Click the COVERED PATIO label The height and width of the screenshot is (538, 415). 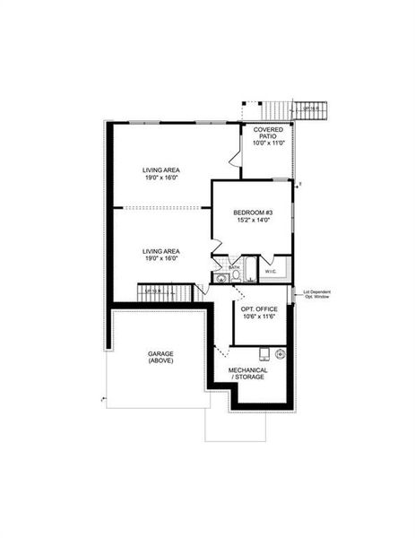coord(268,134)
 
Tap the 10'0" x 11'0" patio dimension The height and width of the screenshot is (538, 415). coord(268,143)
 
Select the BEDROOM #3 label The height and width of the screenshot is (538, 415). coord(255,212)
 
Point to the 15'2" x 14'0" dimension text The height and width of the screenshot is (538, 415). coord(255,220)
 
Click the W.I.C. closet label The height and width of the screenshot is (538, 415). coord(270,270)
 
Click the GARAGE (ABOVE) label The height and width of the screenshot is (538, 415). coord(161,357)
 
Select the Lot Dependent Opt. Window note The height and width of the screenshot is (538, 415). coord(318,293)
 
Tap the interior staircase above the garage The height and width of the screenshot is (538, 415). coord(166,293)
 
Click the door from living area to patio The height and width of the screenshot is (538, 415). coord(235,159)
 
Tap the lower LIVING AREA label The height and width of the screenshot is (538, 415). coord(161,253)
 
